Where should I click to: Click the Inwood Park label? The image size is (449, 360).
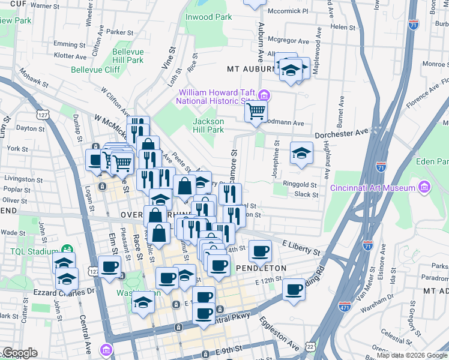point(208,17)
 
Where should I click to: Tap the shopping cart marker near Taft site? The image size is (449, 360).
point(256,110)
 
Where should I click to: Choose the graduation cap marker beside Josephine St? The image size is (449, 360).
point(301,152)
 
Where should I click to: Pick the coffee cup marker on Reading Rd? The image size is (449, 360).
point(294,289)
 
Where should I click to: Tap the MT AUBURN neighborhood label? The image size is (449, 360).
point(251,69)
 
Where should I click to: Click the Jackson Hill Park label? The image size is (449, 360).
point(208,125)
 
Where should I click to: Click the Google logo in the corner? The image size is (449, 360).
point(19,353)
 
